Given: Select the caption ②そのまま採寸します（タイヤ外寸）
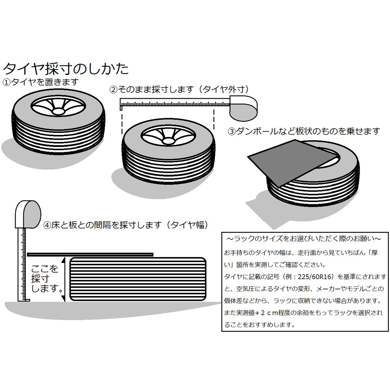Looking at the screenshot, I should pyautogui.click(x=179, y=89).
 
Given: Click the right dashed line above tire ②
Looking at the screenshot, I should pyautogui.click(x=214, y=121).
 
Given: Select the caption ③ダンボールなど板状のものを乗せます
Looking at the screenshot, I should pyautogui.click(x=303, y=131).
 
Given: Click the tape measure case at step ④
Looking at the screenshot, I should pyautogui.click(x=28, y=214).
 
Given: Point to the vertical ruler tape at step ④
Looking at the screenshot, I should pyautogui.click(x=23, y=265).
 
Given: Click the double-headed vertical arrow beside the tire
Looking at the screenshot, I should pyautogui.click(x=64, y=280).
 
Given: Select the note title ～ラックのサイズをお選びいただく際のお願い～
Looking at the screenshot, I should pyautogui.click(x=305, y=238).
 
